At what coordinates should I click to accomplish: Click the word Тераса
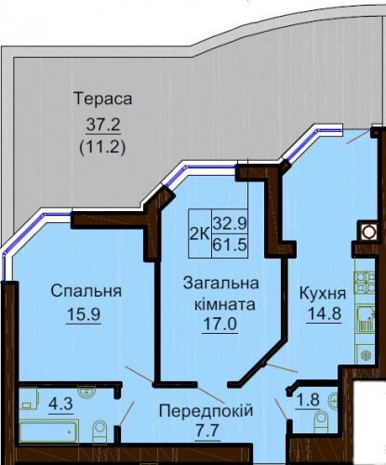pos(103,99)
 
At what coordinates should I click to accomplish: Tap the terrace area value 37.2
pos(103,125)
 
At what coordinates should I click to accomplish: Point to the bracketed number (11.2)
pos(103,147)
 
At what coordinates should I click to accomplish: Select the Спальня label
pos(87,291)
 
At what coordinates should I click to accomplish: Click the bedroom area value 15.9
pos(84,314)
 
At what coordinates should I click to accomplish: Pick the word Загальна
pos(220,283)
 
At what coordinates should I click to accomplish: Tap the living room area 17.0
pos(220,325)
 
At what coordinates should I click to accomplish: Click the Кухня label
pos(323,293)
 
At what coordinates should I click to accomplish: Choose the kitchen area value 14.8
pos(324,313)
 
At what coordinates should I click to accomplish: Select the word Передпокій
pos(206,411)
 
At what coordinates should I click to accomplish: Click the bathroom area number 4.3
pos(60,404)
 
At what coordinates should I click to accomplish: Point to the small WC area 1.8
pos(308,400)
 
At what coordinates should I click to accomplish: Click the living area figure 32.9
pos(230,222)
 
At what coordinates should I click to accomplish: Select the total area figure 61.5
pos(230,245)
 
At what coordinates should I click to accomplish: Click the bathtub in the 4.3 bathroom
pos(49,432)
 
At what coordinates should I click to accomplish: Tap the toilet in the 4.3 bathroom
pos(100,432)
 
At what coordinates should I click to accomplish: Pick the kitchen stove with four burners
pos(366,283)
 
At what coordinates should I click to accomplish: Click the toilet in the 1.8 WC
pos(321,419)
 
